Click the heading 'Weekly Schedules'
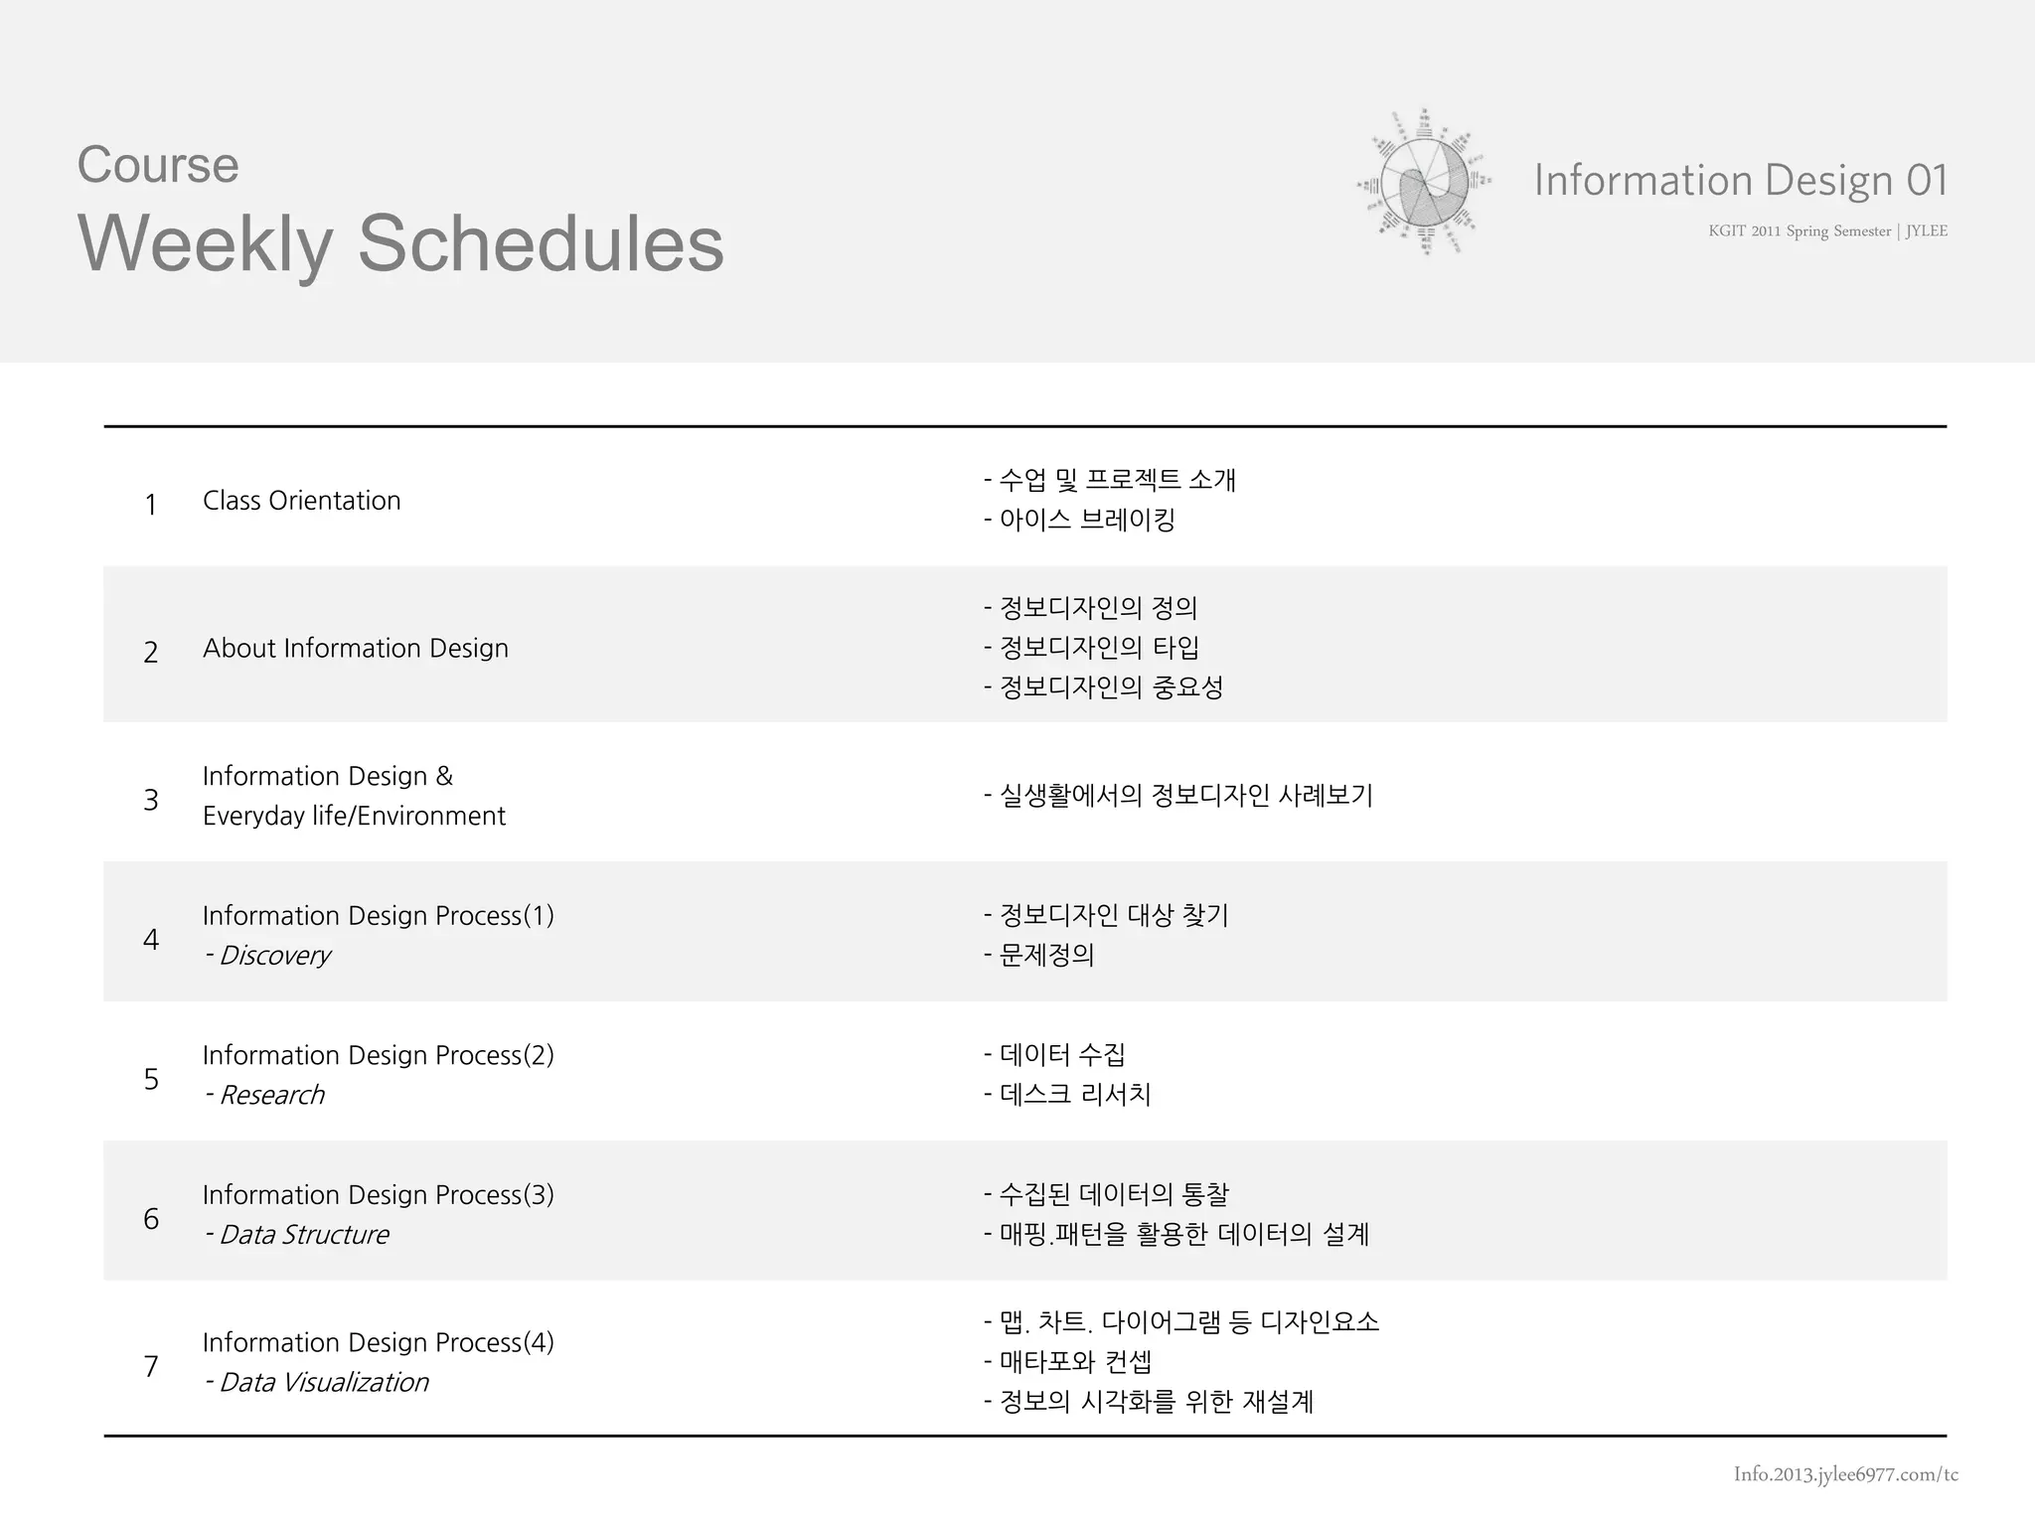[x=400, y=244]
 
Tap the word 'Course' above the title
[x=158, y=165]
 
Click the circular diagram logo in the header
[x=1425, y=183]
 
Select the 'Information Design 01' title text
[x=1740, y=181]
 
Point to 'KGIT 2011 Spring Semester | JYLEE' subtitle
[x=1827, y=231]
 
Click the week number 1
[x=151, y=505]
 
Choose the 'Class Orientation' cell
[x=302, y=501]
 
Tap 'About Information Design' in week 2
[x=356, y=649]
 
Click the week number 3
[x=151, y=800]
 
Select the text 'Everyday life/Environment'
[x=354, y=817]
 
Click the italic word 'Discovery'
[x=274, y=956]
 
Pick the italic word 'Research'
[x=271, y=1095]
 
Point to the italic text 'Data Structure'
[x=303, y=1235]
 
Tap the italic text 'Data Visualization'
[x=323, y=1383]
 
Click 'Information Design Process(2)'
[x=378, y=1055]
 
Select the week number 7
[x=151, y=1367]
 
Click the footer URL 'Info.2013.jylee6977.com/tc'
[x=1845, y=1474]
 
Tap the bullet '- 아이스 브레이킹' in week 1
[x=1079, y=520]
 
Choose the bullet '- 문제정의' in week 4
[x=1039, y=956]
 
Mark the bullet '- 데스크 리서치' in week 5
[x=1067, y=1095]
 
